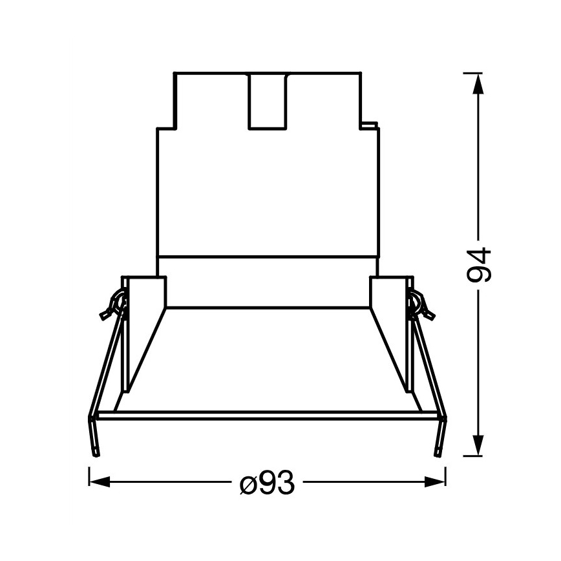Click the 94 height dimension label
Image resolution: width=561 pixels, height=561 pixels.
click(x=480, y=264)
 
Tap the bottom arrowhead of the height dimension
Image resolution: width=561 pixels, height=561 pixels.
click(x=478, y=445)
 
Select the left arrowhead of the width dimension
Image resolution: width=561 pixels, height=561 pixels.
click(x=97, y=482)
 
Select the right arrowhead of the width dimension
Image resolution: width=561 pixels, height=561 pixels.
click(x=437, y=482)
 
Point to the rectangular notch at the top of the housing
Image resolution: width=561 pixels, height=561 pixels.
click(x=268, y=100)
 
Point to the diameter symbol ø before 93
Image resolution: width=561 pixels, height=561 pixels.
click(x=247, y=483)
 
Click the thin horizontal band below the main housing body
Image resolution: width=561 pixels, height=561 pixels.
click(x=268, y=266)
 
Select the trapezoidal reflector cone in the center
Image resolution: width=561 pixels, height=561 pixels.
click(x=268, y=359)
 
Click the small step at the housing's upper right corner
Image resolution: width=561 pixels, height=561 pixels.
click(x=370, y=123)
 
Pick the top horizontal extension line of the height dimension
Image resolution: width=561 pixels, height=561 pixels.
click(x=472, y=72)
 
